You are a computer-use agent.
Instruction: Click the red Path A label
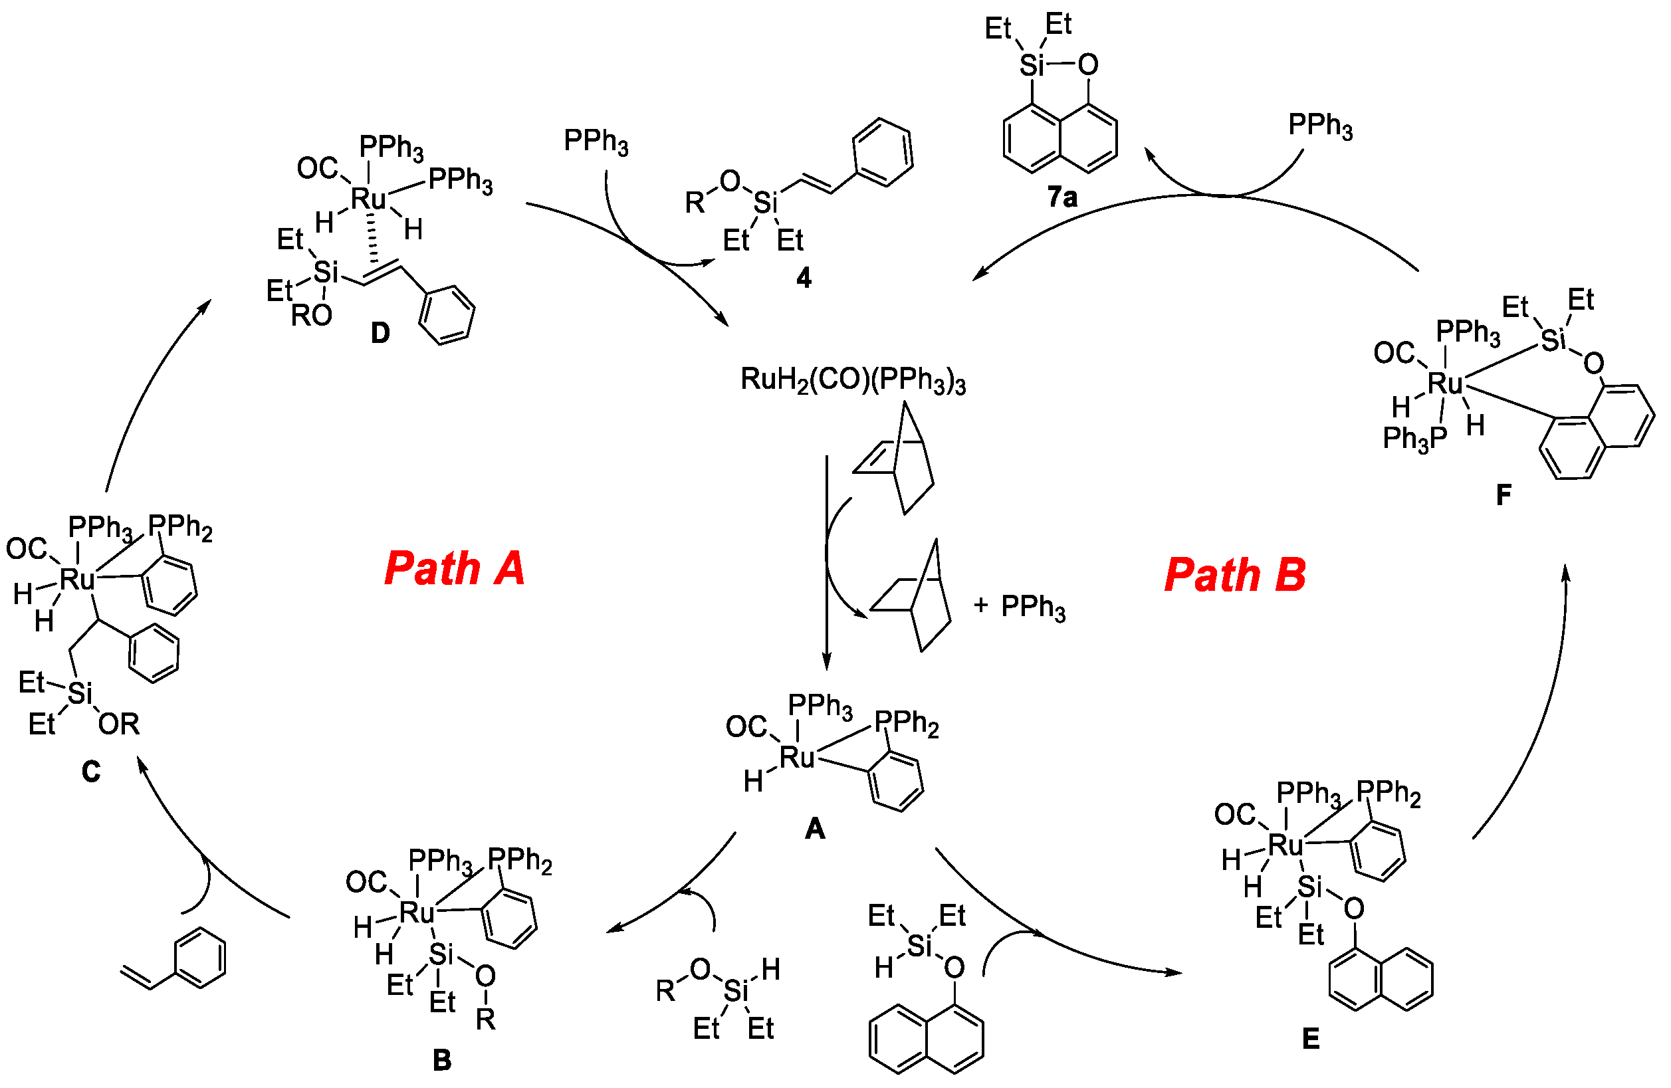pos(454,568)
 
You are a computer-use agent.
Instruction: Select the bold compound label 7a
pos(1061,197)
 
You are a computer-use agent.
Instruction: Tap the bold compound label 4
pos(803,278)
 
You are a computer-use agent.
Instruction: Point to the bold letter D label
pos(380,333)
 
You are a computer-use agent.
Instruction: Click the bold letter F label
pos(1504,495)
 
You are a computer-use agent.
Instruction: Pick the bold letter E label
pos(1310,1038)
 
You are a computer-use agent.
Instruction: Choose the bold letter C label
pos(90,772)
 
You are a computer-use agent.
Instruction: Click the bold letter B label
pos(441,1060)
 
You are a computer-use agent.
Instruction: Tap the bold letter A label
pos(814,829)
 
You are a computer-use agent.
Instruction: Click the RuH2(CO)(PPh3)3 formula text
pos(852,380)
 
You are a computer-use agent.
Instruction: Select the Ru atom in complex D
pos(368,199)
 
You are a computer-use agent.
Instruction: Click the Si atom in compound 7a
pos(1032,65)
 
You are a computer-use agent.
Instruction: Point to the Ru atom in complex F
pos(1445,384)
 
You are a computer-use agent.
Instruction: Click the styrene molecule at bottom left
pos(175,960)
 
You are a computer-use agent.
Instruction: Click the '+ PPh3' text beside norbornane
pos(1019,606)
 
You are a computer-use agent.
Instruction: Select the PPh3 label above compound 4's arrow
pos(596,141)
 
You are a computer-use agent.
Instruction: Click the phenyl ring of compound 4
pos(883,152)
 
